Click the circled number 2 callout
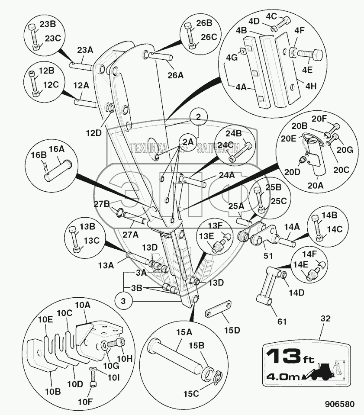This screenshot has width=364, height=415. point(199,116)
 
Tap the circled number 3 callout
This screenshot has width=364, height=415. point(123,301)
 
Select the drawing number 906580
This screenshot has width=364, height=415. point(340,404)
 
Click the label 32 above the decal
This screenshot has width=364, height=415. point(325,318)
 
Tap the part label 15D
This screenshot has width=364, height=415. point(232,330)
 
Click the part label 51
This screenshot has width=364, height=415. point(268,256)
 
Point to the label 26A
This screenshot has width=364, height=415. point(175,75)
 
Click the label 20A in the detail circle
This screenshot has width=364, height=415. point(315,185)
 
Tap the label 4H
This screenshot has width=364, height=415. point(311,86)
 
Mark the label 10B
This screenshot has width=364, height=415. point(53,392)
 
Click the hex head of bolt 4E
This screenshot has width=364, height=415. point(317,54)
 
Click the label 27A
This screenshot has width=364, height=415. point(131,235)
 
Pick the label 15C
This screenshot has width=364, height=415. point(191,393)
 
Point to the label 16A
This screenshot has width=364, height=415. point(57,149)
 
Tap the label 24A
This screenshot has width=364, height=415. point(227,175)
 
